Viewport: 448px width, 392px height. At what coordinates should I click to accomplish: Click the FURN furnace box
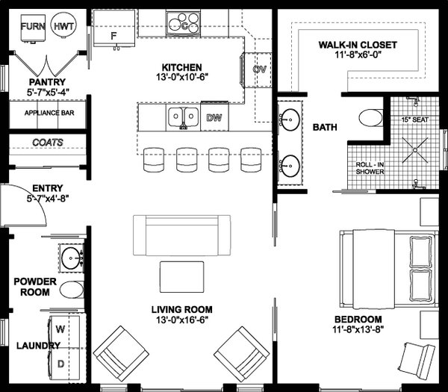click(32, 27)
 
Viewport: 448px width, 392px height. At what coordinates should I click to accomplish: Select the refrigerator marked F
click(113, 32)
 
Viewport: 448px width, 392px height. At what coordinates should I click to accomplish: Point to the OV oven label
click(260, 69)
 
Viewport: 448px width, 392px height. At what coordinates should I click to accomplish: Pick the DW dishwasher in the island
click(213, 116)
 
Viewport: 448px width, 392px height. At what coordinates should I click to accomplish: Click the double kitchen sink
click(181, 116)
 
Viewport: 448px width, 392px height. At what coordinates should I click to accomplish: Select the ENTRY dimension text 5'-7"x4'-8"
click(43, 199)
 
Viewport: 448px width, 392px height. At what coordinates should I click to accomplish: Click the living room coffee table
click(181, 276)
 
